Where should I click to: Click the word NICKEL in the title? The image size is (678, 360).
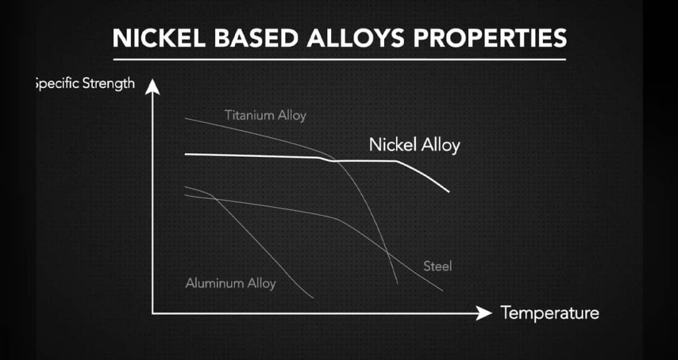click(x=159, y=38)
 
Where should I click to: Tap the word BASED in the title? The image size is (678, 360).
click(x=256, y=38)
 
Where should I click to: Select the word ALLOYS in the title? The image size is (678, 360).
click(x=356, y=38)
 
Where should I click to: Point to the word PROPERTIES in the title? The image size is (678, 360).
click(x=490, y=38)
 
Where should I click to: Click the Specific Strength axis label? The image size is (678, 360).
click(x=85, y=83)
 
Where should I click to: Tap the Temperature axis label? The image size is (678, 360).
click(x=550, y=312)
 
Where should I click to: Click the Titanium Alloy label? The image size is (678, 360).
click(x=265, y=115)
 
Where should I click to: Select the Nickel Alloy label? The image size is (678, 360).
click(x=414, y=145)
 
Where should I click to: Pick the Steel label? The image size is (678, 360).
click(x=438, y=266)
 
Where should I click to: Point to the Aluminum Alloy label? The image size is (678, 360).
click(x=230, y=283)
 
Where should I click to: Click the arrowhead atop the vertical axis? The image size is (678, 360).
click(x=152, y=86)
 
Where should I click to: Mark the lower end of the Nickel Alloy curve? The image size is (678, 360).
click(x=449, y=191)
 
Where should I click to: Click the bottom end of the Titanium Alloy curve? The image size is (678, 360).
click(x=397, y=283)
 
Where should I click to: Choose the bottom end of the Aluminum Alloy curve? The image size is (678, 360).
click(x=313, y=298)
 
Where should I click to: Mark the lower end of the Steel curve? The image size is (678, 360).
click(x=442, y=291)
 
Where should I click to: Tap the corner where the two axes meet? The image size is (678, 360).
click(x=153, y=313)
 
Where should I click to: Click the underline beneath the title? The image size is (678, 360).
click(x=340, y=59)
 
